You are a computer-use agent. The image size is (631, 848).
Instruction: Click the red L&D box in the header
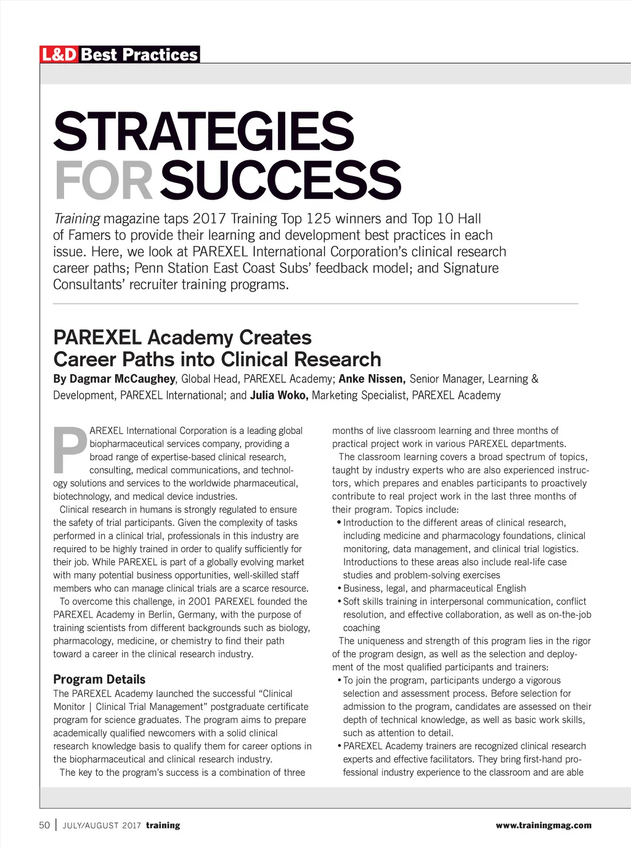(59, 55)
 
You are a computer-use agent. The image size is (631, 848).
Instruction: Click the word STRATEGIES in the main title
(203, 131)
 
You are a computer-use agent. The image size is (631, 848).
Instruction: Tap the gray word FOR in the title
(103, 180)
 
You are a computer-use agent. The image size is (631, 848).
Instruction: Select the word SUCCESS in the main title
(280, 180)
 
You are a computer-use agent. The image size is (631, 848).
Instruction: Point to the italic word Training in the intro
(76, 219)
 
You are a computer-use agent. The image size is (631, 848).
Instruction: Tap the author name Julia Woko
(279, 395)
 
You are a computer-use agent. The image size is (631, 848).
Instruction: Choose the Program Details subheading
(99, 679)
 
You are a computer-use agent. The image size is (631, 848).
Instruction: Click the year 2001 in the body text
(200, 601)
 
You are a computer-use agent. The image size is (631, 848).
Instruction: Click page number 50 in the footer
(44, 825)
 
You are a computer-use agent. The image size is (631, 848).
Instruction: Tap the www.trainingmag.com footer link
(543, 825)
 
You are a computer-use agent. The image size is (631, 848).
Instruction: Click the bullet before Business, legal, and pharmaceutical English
(340, 589)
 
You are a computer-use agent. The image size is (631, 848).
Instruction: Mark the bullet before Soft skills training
(340, 601)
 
